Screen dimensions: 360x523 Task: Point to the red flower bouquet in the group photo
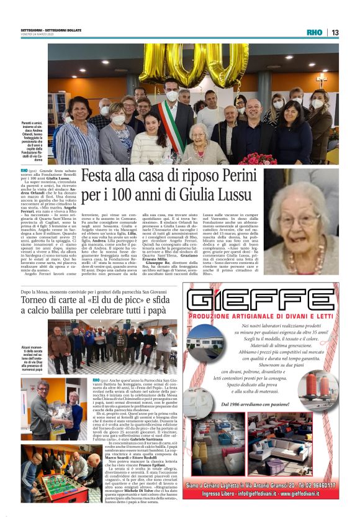click(x=257, y=160)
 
